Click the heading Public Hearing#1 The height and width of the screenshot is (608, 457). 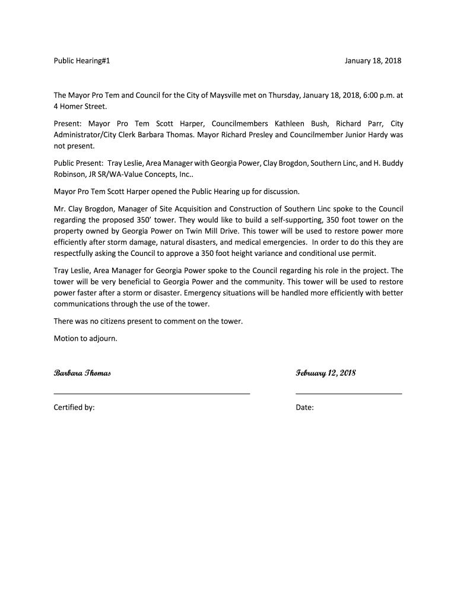82,61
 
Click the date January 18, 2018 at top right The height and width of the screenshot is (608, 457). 373,61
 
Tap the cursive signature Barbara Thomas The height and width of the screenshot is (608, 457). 82,373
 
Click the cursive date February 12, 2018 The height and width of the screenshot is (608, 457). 326,373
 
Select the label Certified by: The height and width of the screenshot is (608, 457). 74,408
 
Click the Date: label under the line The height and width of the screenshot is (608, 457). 304,408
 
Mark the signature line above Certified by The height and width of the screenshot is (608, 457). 152,393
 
